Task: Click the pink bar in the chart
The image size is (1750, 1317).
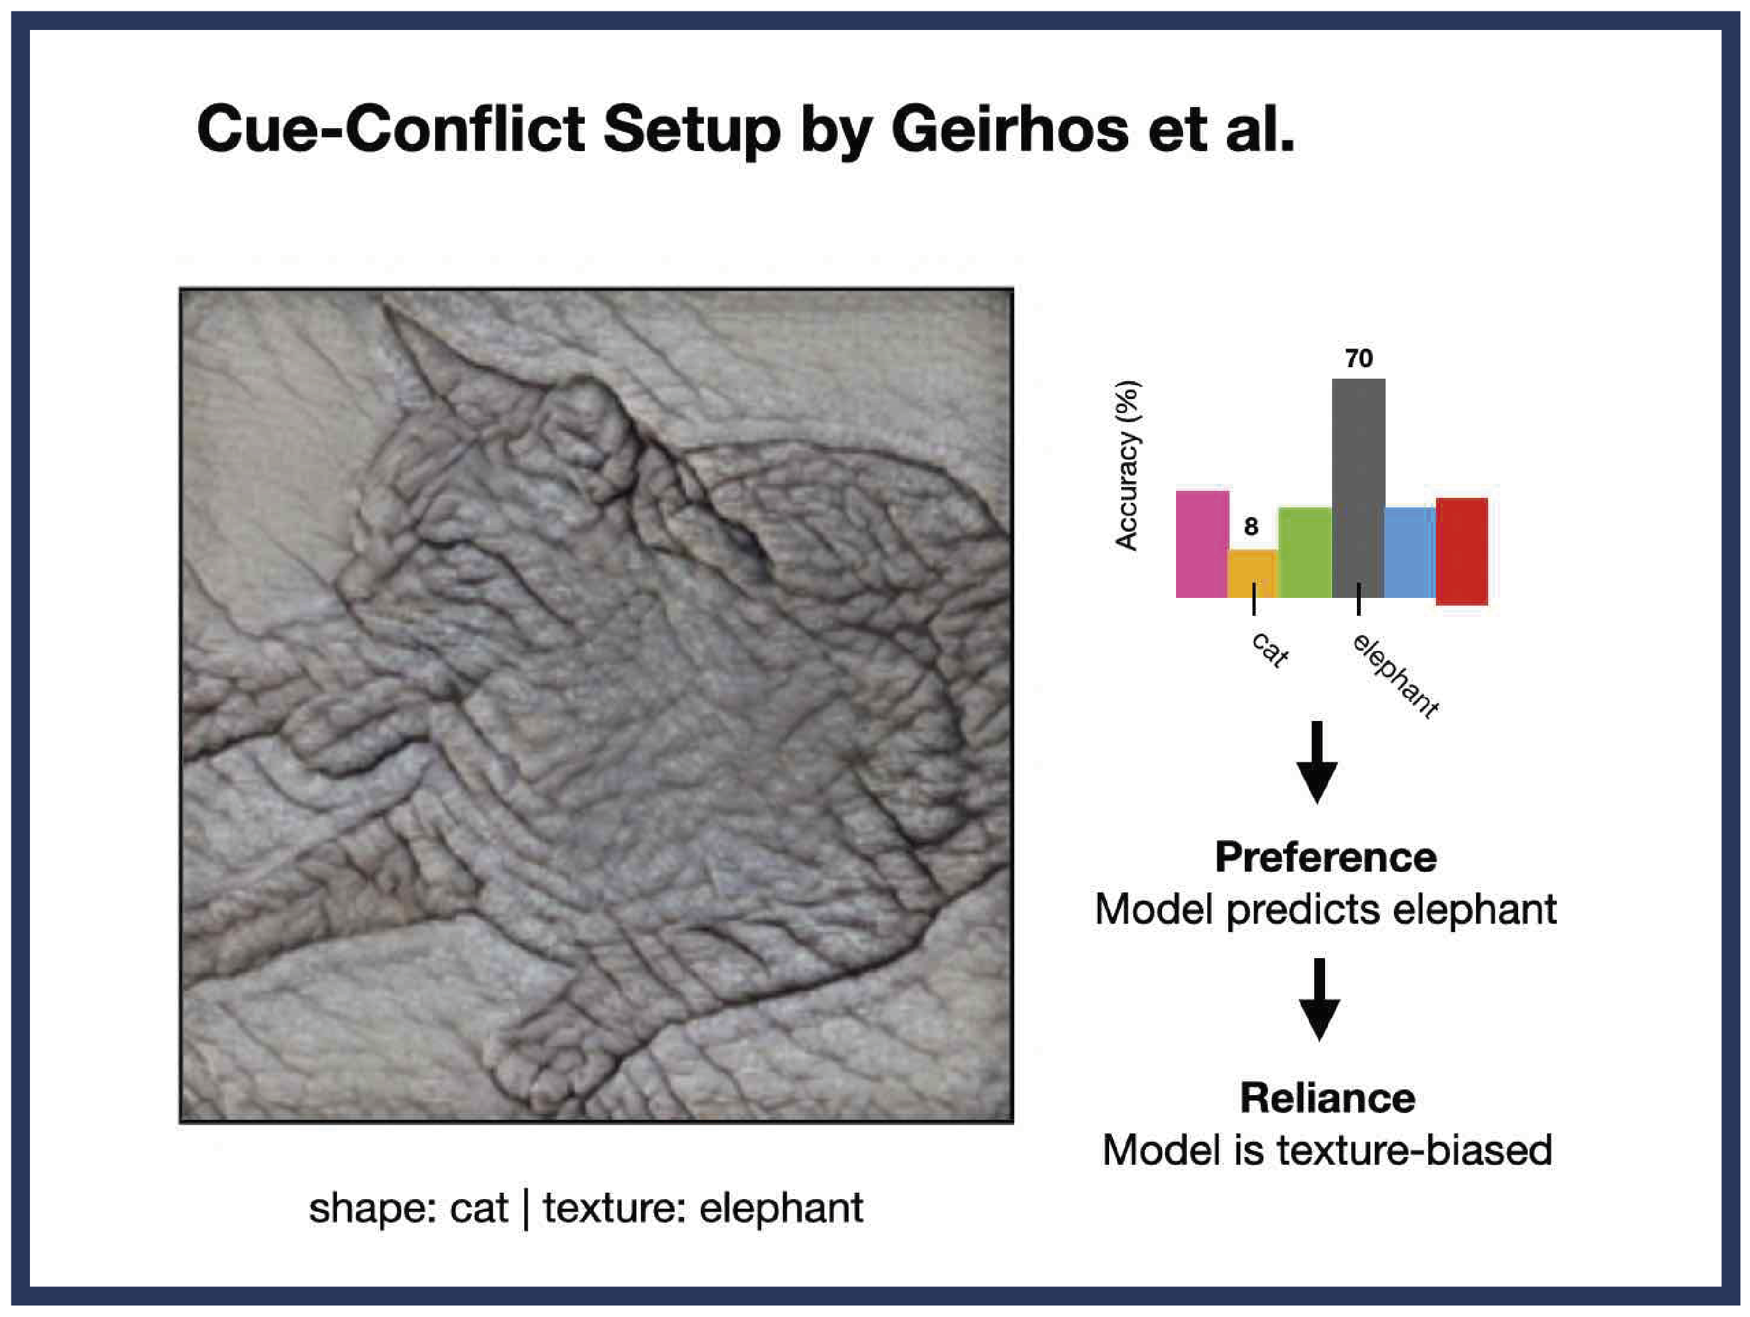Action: (x=1201, y=544)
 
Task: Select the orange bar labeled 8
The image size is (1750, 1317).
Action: (x=1252, y=573)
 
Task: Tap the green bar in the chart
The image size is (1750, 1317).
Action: (x=1305, y=553)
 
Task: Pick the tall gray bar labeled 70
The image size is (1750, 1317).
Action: (x=1358, y=488)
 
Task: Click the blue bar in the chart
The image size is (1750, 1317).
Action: (x=1410, y=553)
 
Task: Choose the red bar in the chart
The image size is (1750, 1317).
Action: (x=1462, y=551)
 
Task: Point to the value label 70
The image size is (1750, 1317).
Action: (x=1359, y=358)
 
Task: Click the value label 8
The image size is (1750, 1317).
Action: (x=1251, y=527)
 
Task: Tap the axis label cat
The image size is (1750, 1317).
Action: (x=1270, y=650)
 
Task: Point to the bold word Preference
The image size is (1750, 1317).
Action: (x=1326, y=857)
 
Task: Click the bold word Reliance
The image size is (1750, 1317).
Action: (x=1328, y=1098)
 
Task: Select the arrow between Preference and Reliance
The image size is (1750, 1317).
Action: (x=1319, y=1000)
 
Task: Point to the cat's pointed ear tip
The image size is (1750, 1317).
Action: (x=389, y=309)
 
